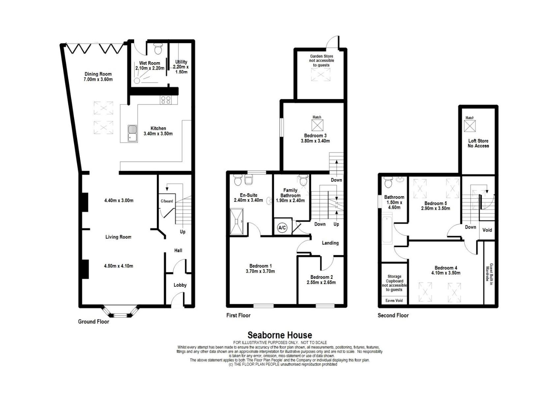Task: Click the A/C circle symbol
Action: click(x=282, y=227)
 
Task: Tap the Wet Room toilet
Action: click(x=158, y=48)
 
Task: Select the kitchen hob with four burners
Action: click(x=166, y=100)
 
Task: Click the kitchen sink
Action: click(x=132, y=133)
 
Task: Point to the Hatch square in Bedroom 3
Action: click(x=317, y=125)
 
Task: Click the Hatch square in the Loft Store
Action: click(x=470, y=126)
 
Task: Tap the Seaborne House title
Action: click(x=279, y=335)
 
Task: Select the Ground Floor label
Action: click(x=94, y=322)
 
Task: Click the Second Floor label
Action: click(x=393, y=315)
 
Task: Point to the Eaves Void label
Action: click(x=394, y=301)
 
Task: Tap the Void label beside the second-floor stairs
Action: click(x=487, y=230)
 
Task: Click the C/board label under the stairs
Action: click(x=167, y=201)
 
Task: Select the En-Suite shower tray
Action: click(x=236, y=222)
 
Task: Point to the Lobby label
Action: click(x=180, y=285)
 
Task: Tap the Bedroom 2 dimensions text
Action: click(x=321, y=283)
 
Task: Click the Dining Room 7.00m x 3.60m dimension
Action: click(x=98, y=80)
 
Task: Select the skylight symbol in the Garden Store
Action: click(x=321, y=74)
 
